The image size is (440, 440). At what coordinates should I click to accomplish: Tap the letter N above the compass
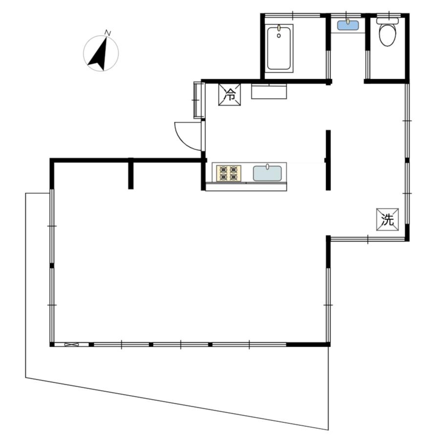pos(108,33)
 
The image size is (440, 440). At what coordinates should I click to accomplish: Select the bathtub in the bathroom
pos(279,48)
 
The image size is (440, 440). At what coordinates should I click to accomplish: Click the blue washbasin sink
pos(348,25)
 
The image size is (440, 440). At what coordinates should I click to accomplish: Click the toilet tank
pos(388,21)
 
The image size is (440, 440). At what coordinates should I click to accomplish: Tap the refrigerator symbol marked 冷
pos(230,94)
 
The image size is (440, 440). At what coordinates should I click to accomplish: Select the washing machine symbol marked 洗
pos(388,220)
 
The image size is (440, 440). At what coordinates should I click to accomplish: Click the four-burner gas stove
pos(228,173)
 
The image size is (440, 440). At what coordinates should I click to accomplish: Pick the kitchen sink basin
pos(267,174)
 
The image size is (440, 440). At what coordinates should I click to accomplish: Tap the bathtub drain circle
pos(279,36)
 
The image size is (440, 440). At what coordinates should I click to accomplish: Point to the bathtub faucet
pos(279,27)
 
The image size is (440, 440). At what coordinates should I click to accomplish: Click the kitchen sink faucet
pos(267,167)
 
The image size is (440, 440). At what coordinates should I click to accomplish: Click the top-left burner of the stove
pos(223,170)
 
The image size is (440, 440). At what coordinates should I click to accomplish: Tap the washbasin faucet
pos(348,22)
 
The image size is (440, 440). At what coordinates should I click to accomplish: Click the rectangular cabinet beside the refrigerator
pos(269,91)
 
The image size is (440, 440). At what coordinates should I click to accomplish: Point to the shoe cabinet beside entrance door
pos(199,100)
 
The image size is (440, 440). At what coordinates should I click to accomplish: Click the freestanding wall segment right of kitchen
pos(328,160)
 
